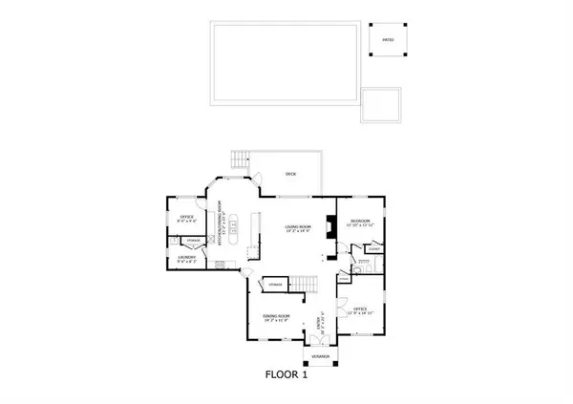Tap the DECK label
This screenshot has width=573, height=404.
pos(290,174)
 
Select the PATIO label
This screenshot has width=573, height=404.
pos(389,39)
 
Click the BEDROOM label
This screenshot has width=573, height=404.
pos(360,223)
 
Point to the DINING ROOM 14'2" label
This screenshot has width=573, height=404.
pos(278,317)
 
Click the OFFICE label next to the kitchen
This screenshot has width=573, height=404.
pos(185,217)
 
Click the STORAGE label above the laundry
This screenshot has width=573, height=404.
pos(192,240)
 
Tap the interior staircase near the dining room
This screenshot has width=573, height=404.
pos(305,283)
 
